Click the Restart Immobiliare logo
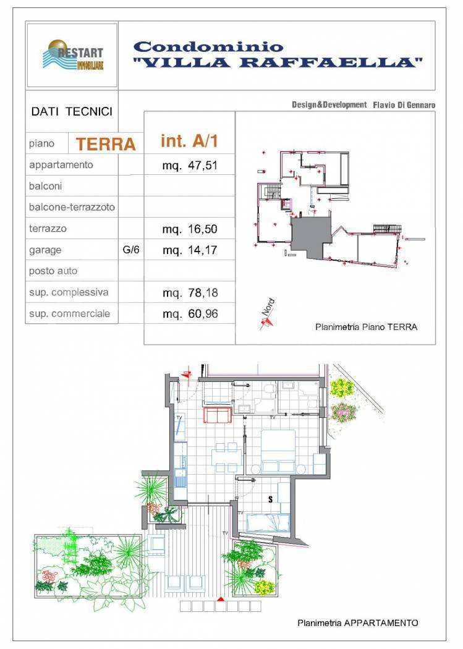click(x=73, y=56)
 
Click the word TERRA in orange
click(x=106, y=144)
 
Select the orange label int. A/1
click(x=189, y=141)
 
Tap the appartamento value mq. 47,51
click(x=190, y=166)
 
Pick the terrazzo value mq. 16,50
click(x=190, y=229)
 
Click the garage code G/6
click(x=131, y=250)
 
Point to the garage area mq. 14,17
click(x=190, y=250)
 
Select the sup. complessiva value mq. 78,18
click(x=190, y=293)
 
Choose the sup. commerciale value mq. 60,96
click(x=190, y=314)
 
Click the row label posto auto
click(x=53, y=271)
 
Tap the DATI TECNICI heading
click(x=72, y=111)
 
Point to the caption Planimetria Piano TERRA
click(x=366, y=327)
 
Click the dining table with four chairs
click(x=227, y=457)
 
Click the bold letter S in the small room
click(x=271, y=499)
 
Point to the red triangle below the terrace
click(x=221, y=598)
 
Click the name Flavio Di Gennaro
click(x=404, y=105)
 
